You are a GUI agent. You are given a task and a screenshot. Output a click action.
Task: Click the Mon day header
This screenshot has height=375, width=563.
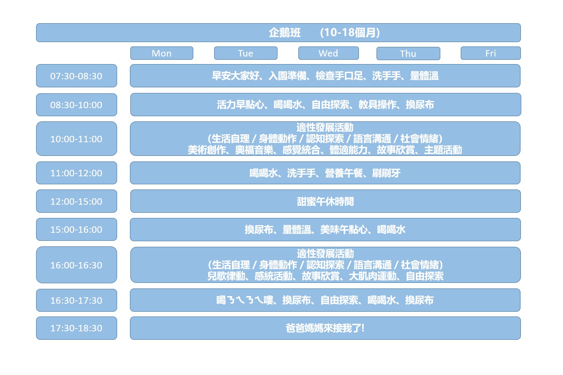click(x=162, y=53)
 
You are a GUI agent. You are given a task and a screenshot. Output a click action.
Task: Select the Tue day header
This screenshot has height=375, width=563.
click(x=245, y=53)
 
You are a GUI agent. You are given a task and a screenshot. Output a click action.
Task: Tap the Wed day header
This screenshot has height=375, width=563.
click(x=328, y=53)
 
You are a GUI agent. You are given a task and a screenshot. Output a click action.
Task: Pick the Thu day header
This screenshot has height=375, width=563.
click(x=408, y=54)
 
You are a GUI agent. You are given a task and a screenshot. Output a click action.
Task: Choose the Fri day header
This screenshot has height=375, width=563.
click(x=490, y=53)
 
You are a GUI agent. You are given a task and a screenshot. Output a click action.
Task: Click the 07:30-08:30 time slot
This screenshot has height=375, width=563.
click(x=77, y=76)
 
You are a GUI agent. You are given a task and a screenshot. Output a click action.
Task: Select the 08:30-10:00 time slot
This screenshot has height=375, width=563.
click(x=77, y=105)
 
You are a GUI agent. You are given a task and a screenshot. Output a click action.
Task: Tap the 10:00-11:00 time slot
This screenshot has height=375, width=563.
click(x=77, y=139)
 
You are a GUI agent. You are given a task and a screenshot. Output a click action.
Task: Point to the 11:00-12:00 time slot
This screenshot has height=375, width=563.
click(x=77, y=173)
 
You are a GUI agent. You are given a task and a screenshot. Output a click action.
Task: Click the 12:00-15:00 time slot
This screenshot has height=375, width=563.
click(x=77, y=201)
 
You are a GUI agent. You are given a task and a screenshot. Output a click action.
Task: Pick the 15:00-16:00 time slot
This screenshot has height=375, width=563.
click(x=77, y=229)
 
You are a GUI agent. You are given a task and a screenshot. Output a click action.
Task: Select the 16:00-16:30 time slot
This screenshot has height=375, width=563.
click(x=77, y=265)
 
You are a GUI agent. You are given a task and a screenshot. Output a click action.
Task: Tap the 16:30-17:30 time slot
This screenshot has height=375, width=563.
click(x=77, y=300)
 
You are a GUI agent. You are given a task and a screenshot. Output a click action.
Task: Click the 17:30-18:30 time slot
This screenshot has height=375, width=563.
click(x=77, y=328)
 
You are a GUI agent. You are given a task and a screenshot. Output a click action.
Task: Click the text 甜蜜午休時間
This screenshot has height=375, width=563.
click(x=325, y=202)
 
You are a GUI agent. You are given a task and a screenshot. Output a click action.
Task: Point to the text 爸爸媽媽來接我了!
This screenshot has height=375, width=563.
click(x=325, y=328)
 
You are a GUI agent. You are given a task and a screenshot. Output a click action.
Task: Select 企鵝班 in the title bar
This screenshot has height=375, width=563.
click(x=285, y=33)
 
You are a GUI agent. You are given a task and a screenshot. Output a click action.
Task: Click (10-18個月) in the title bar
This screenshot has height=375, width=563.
click(x=350, y=33)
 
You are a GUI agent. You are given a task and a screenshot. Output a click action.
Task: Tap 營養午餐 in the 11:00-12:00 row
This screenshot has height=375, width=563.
click(x=344, y=173)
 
